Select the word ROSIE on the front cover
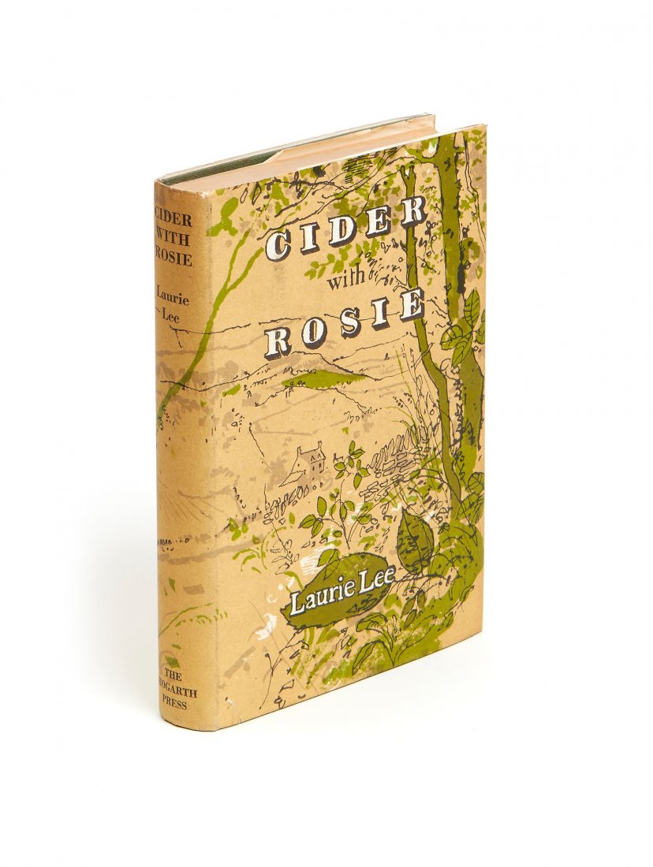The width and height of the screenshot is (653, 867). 345,325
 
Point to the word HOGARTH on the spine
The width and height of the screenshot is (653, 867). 174,690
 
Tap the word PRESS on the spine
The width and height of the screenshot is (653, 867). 174,705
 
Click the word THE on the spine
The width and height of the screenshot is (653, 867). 174,676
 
